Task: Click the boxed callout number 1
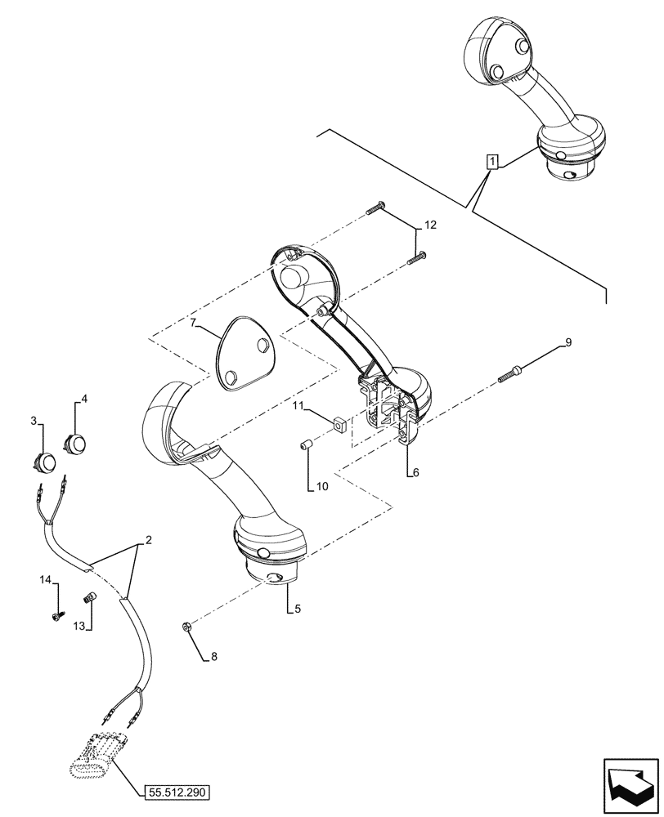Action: (491, 162)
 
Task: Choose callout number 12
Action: (430, 225)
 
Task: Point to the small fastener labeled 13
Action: (89, 599)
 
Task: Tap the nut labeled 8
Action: (186, 627)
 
